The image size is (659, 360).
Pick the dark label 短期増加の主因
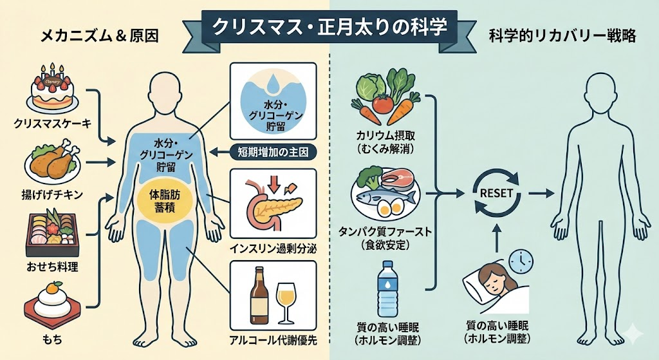click(x=273, y=153)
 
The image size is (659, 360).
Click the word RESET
click(x=496, y=191)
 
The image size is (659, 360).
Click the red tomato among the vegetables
click(x=382, y=102)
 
